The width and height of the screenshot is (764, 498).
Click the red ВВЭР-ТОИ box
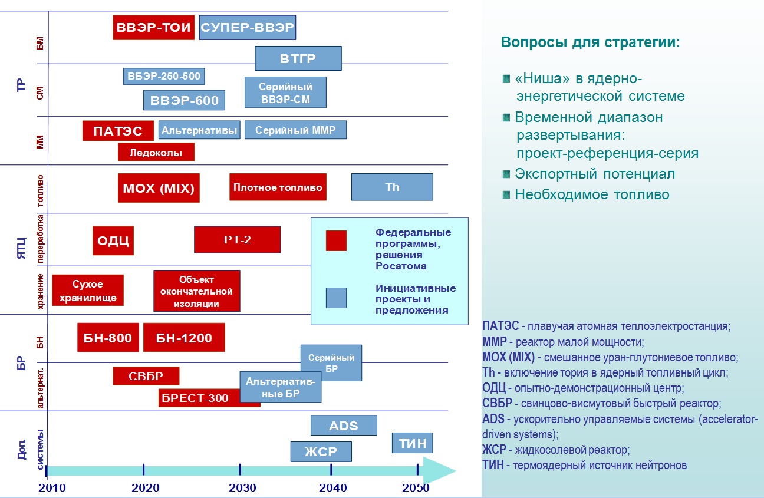[153, 27]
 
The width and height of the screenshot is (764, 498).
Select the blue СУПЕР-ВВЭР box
[247, 27]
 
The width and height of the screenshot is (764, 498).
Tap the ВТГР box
[298, 58]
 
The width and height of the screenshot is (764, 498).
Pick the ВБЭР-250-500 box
[164, 76]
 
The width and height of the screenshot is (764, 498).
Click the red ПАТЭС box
[118, 130]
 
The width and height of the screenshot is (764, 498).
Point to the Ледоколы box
[156, 152]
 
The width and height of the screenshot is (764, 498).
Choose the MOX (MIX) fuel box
[158, 187]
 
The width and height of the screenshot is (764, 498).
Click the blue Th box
[392, 187]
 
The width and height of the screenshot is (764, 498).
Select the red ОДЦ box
[113, 240]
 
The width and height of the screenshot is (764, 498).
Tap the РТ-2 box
[237, 239]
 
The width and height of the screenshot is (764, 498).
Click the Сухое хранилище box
[88, 290]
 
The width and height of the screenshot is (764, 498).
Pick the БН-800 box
[108, 338]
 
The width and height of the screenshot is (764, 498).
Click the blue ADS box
[344, 425]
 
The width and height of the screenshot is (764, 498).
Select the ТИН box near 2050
[412, 443]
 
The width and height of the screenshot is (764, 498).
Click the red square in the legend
[336, 240]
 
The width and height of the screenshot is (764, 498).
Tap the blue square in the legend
[336, 297]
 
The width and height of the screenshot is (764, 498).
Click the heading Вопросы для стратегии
[590, 43]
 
